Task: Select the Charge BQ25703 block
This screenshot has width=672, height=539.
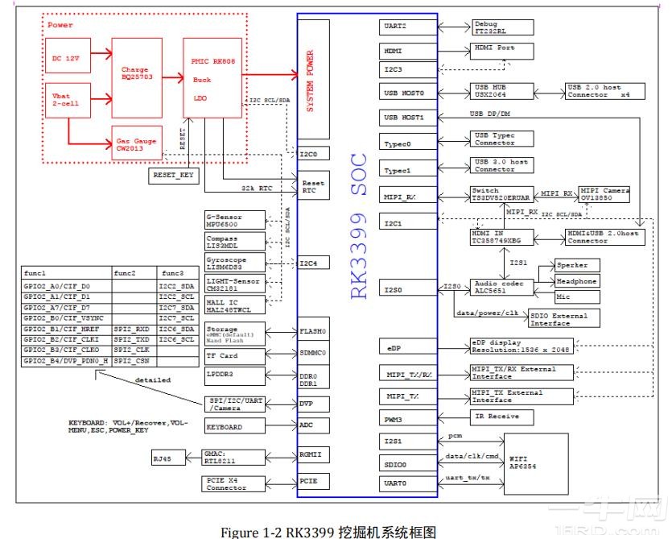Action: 136,75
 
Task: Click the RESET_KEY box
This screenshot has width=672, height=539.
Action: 175,173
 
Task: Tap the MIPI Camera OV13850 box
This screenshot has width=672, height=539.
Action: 599,195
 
